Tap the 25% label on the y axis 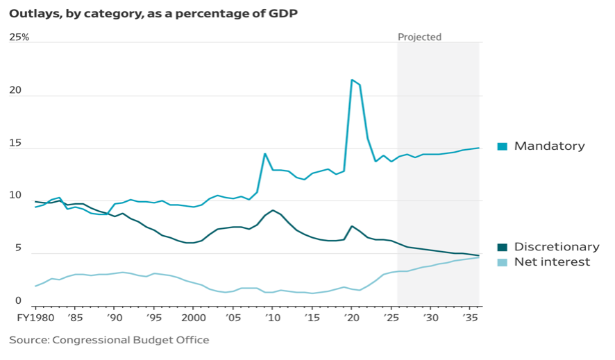19,37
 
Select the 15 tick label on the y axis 15,144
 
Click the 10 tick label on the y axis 15,196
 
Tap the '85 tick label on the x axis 74,317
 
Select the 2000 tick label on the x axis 193,317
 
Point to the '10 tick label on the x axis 273,317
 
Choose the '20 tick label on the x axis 352,317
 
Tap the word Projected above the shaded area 419,37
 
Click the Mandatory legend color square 503,146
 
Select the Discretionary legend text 557,247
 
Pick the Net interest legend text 552,262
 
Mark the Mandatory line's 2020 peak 352,80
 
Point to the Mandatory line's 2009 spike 264,153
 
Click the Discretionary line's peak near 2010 273,210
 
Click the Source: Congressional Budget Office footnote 109,340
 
